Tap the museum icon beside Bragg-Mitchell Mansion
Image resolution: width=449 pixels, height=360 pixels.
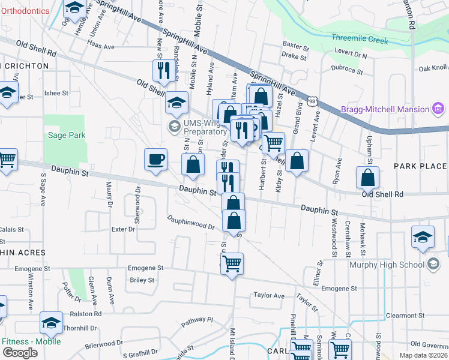tap(438, 109)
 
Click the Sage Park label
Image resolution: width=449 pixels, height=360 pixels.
tap(67, 135)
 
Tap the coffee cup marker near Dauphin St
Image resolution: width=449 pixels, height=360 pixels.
tap(155, 160)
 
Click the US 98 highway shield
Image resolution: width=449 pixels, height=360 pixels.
tap(312, 101)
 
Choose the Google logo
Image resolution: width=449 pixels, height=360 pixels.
tap(20, 353)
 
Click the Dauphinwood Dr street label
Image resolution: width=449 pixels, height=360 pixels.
tap(191, 223)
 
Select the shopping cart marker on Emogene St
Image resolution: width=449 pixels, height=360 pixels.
tap(232, 263)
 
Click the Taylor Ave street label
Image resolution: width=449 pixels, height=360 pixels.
tap(268, 295)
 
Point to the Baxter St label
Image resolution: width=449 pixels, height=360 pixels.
tap(295, 44)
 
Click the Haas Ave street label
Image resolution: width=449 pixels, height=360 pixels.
tap(100, 46)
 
